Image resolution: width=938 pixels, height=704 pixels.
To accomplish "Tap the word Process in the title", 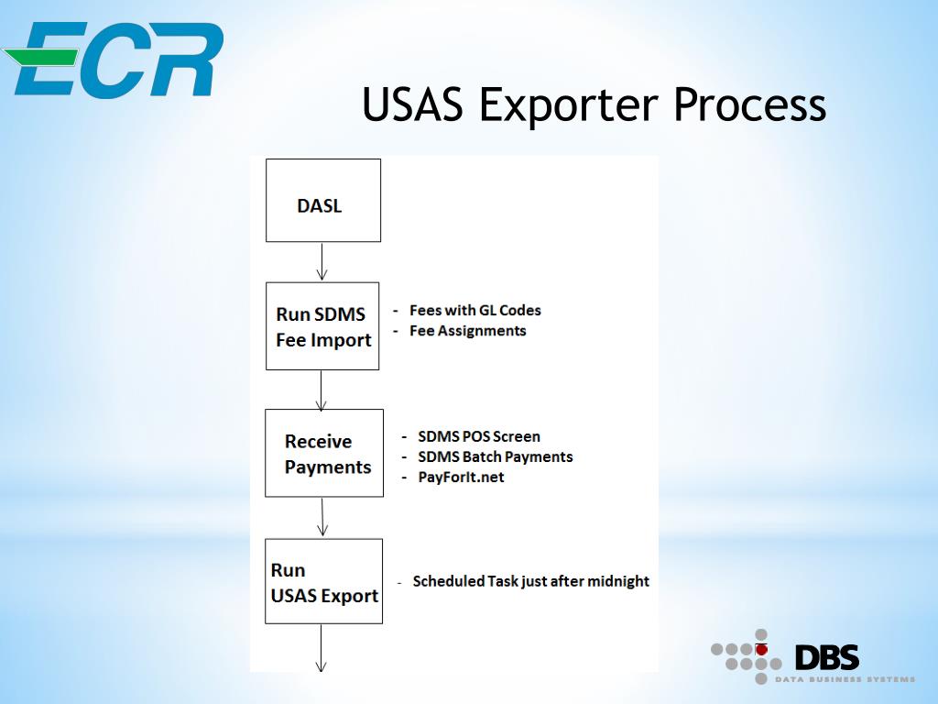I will click(x=750, y=104).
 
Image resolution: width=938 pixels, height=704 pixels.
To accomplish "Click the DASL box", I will click(x=322, y=201).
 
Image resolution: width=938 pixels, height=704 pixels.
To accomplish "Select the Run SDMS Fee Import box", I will click(x=322, y=326).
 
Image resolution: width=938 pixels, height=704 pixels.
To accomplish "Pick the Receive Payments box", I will click(x=324, y=453).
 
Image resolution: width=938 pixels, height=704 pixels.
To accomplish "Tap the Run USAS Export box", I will click(x=323, y=581).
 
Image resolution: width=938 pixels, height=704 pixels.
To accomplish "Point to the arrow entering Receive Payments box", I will click(x=322, y=390).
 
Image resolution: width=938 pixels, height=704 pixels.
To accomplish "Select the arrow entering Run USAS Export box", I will click(x=322, y=517).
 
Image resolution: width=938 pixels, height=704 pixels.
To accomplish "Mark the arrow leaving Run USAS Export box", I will click(x=322, y=648).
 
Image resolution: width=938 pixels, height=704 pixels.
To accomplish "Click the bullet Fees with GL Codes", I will click(x=474, y=310).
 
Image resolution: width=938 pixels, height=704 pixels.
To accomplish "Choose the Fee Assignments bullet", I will click(x=467, y=330).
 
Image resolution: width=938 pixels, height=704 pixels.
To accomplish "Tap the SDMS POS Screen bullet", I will click(x=478, y=436).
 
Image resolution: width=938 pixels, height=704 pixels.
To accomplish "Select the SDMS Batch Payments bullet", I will click(x=495, y=456).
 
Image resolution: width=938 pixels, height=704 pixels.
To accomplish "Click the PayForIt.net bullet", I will click(x=461, y=477).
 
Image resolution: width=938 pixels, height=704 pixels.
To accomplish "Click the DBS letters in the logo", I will click(x=826, y=657).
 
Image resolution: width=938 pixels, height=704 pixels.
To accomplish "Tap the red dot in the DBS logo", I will click(x=760, y=649).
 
